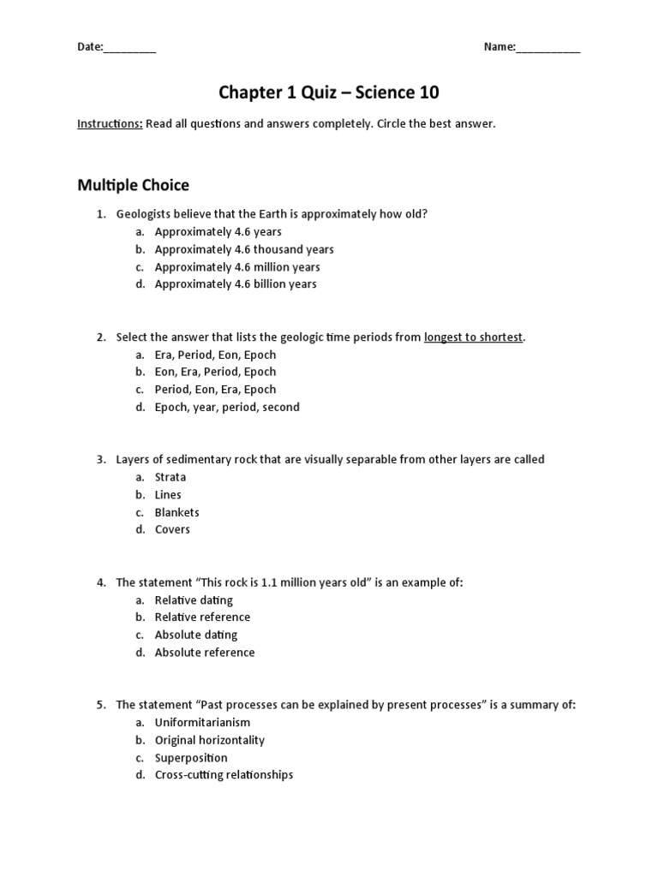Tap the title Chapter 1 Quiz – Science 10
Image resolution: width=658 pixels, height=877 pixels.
(x=329, y=92)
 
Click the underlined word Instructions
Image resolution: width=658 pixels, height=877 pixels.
(x=110, y=124)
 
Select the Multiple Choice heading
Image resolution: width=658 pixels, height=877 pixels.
(x=133, y=185)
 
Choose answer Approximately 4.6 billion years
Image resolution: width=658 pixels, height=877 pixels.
(x=236, y=284)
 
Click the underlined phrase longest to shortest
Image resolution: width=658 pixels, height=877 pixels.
(x=473, y=337)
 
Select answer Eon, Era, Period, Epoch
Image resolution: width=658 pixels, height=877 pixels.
(x=215, y=372)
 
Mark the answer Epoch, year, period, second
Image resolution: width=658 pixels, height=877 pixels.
(x=227, y=407)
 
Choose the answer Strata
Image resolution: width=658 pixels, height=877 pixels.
(x=170, y=477)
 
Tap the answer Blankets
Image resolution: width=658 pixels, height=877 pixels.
(x=176, y=512)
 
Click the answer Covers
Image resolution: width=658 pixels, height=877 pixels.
(x=172, y=529)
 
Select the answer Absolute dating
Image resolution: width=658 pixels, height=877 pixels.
(x=196, y=635)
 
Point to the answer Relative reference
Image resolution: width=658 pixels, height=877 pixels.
(x=202, y=617)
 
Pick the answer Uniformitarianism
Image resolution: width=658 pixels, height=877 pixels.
(x=202, y=722)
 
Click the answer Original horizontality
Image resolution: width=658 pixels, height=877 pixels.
(x=210, y=740)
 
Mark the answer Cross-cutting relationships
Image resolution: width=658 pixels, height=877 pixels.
(x=224, y=775)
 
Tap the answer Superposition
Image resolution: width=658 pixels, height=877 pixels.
(x=191, y=758)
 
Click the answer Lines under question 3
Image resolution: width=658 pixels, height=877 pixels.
(x=168, y=494)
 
